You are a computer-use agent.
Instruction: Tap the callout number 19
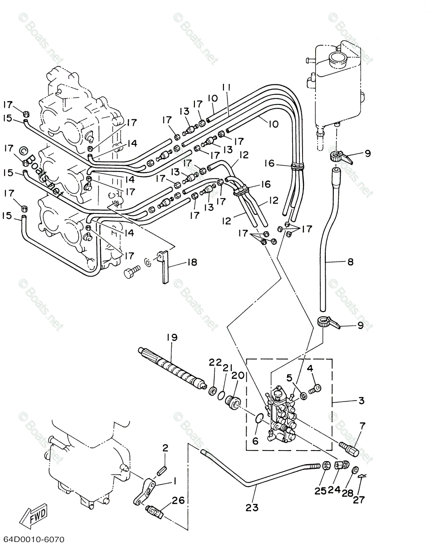click(x=172, y=337)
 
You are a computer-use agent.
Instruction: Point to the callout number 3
click(x=362, y=401)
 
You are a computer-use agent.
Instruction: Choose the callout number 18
click(x=192, y=263)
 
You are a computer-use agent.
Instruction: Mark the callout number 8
click(x=350, y=262)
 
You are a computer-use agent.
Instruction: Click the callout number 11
click(x=227, y=88)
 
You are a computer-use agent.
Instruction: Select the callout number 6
click(x=255, y=441)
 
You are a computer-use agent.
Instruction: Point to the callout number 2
click(x=165, y=448)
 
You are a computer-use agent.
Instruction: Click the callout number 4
click(x=310, y=368)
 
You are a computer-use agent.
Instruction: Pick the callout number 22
click(x=215, y=362)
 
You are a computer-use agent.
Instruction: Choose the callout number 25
click(x=320, y=491)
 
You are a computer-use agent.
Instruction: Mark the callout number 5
click(x=289, y=378)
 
